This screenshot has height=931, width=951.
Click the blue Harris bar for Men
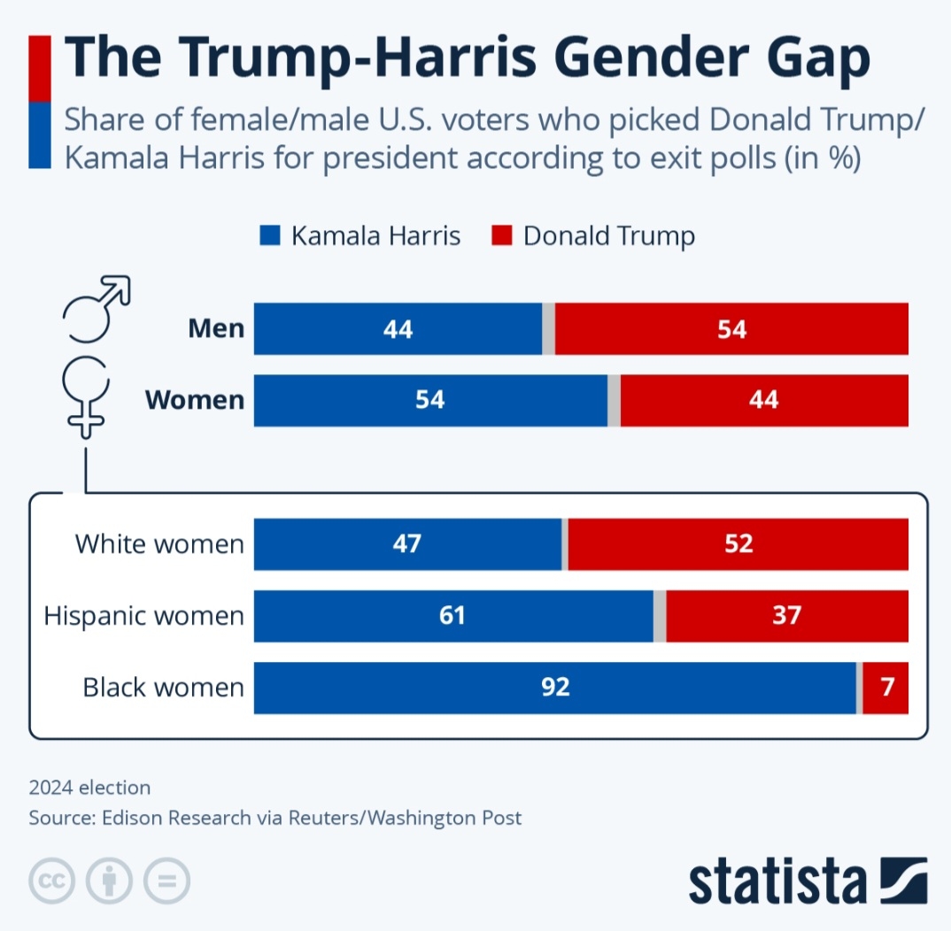click(x=398, y=329)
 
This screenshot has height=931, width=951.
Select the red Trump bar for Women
click(x=763, y=400)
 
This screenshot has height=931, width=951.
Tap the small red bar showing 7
click(x=885, y=688)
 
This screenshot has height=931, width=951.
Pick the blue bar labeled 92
click(x=554, y=688)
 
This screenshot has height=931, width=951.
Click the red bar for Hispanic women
click(x=786, y=615)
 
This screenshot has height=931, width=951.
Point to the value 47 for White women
click(x=408, y=543)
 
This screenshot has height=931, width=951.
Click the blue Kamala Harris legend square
click(x=269, y=236)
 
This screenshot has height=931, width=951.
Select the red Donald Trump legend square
click(x=501, y=236)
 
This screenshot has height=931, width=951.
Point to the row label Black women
click(x=163, y=688)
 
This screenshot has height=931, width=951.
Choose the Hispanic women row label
click(x=143, y=615)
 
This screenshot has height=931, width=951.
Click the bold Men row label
click(x=216, y=329)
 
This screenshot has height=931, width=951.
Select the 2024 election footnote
click(x=89, y=787)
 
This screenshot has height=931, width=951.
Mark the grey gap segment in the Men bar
click(x=548, y=329)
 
